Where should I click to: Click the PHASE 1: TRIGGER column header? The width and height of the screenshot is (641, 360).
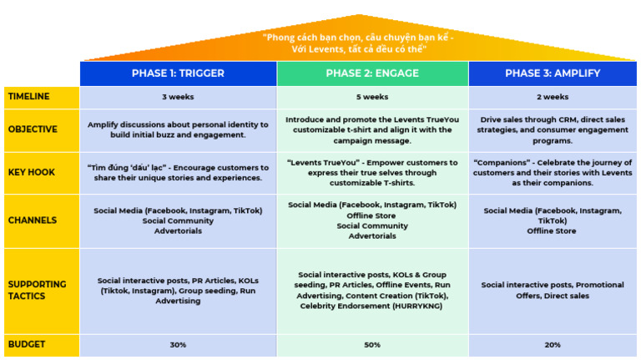point(178,74)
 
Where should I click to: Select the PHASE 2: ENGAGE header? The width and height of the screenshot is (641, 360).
point(372,74)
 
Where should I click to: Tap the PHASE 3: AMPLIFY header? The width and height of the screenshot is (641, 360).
point(553,74)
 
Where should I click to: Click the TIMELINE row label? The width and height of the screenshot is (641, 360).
point(29,97)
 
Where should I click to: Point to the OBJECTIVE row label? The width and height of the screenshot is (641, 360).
point(33,129)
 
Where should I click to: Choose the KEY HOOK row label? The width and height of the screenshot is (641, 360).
point(32,172)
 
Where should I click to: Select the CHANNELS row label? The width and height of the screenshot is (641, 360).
point(33,221)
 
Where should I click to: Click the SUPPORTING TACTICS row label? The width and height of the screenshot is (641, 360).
point(37,290)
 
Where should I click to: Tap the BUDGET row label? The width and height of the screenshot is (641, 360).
point(27,344)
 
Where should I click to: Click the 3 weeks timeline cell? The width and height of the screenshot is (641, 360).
point(178,97)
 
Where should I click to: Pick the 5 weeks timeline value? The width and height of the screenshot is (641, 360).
point(372,97)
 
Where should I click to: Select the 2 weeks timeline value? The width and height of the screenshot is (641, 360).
point(553,97)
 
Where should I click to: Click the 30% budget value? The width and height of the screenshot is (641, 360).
point(178,344)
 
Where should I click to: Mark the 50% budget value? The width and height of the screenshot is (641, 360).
point(372,344)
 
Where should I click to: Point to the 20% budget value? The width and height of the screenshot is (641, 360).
point(553,344)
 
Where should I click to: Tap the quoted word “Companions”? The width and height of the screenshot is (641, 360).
point(501,162)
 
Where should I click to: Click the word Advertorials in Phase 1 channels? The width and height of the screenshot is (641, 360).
point(178,231)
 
